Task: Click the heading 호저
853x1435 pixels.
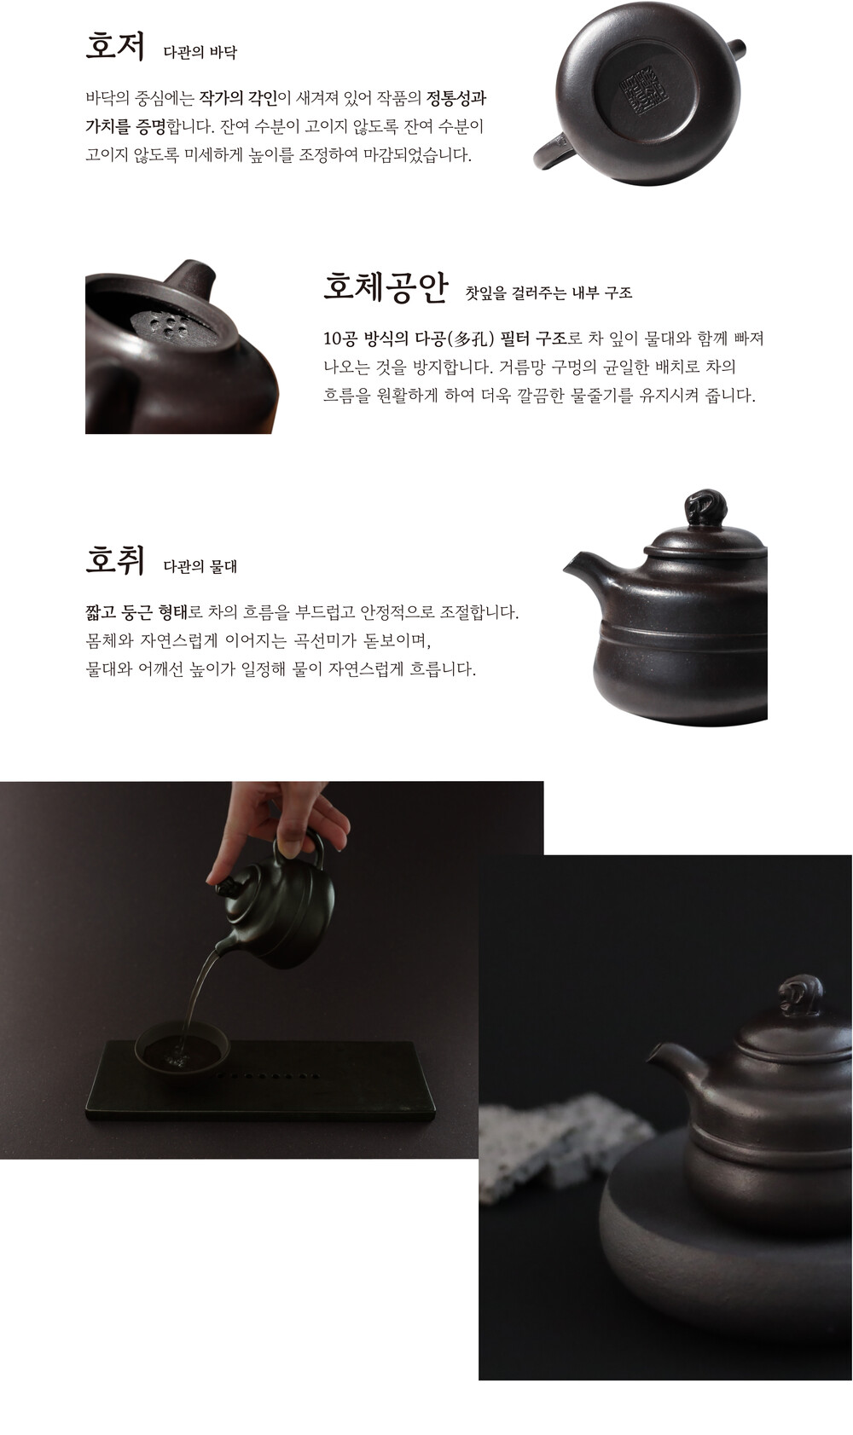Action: pyautogui.click(x=115, y=47)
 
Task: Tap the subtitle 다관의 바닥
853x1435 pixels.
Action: pyautogui.click(x=200, y=53)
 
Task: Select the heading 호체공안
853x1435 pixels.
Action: pyautogui.click(x=386, y=286)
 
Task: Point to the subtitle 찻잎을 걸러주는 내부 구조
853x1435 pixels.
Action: pyautogui.click(x=548, y=292)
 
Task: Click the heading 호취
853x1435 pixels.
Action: pyautogui.click(x=115, y=560)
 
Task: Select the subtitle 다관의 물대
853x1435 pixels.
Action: pyautogui.click(x=200, y=566)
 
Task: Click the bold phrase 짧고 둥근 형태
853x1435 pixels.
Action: pyautogui.click(x=136, y=612)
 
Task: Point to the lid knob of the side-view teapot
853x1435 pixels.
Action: pyautogui.click(x=705, y=508)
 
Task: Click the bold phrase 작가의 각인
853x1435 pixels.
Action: pyautogui.click(x=238, y=98)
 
